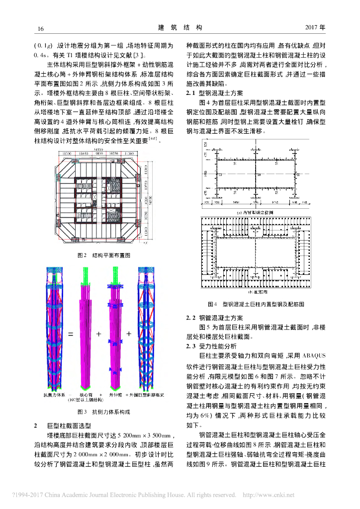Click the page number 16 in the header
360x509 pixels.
(41, 28)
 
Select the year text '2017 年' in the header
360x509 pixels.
(314, 28)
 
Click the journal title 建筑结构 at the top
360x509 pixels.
(180, 28)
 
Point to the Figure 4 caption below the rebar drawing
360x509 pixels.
(256, 303)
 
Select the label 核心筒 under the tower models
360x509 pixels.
(86, 395)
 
